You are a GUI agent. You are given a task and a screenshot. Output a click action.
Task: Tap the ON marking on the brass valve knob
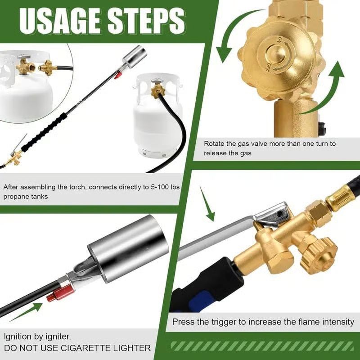pyautogui.click(x=279, y=41)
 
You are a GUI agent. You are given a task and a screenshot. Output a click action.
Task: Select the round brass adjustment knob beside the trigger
pyautogui.click(x=320, y=254)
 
